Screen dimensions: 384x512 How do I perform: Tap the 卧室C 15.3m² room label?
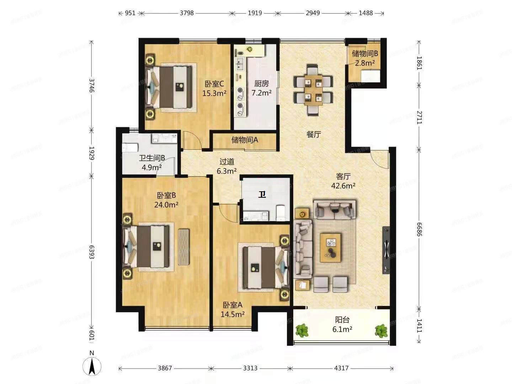pyautogui.click(x=214, y=89)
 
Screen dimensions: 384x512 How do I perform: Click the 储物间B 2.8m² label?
pyautogui.click(x=364, y=58)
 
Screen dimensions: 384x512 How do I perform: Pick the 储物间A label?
pyautogui.click(x=245, y=140)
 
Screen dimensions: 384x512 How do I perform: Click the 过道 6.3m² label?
pyautogui.click(x=227, y=166)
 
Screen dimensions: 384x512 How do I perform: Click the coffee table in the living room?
pyautogui.click(x=331, y=247)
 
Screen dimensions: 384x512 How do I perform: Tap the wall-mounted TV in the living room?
pyautogui.click(x=386, y=250)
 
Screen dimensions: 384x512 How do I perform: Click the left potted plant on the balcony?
pyautogui.click(x=302, y=330)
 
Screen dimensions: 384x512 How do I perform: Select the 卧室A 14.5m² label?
pyautogui.click(x=233, y=309)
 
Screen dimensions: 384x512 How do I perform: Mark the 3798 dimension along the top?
pyautogui.click(x=187, y=13)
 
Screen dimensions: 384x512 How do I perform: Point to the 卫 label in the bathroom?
pyautogui.click(x=262, y=194)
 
